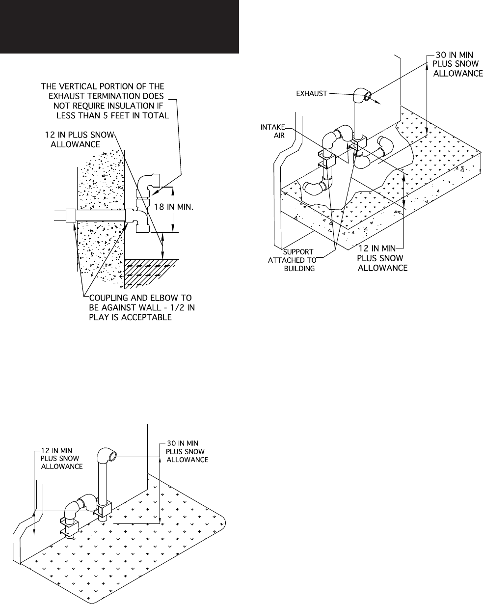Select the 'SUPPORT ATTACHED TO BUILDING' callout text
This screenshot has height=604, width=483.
(x=295, y=259)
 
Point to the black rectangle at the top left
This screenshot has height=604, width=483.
(x=119, y=26)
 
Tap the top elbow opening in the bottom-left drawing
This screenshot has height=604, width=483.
(x=113, y=457)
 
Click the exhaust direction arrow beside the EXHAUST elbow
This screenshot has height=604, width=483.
(x=377, y=101)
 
